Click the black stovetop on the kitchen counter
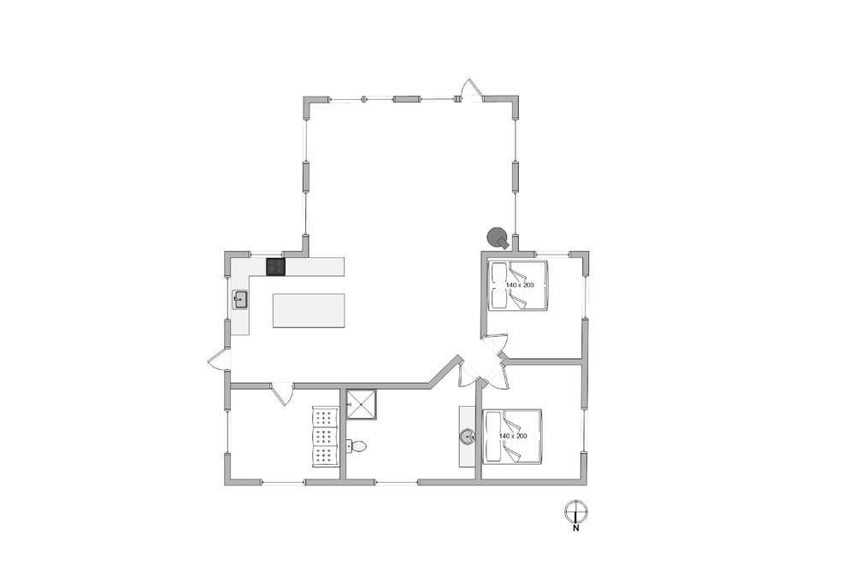pyautogui.click(x=275, y=267)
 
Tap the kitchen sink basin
pyautogui.click(x=240, y=300)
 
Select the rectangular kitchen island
pyautogui.click(x=309, y=310)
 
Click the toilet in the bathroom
pyautogui.click(x=356, y=446)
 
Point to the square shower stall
pyautogui.click(x=362, y=404)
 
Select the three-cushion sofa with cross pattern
pyautogui.click(x=325, y=436)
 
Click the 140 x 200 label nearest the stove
pyautogui.click(x=520, y=285)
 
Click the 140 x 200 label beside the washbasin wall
pyautogui.click(x=513, y=436)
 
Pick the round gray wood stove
pyautogui.click(x=498, y=237)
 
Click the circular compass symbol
pyautogui.click(x=575, y=511)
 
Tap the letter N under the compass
pyautogui.click(x=575, y=527)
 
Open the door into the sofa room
pyautogui.click(x=282, y=394)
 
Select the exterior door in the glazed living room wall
pyautogui.click(x=471, y=90)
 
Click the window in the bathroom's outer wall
pyautogui.click(x=397, y=482)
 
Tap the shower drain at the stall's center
pyautogui.click(x=362, y=404)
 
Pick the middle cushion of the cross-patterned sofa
pyautogui.click(x=325, y=436)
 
